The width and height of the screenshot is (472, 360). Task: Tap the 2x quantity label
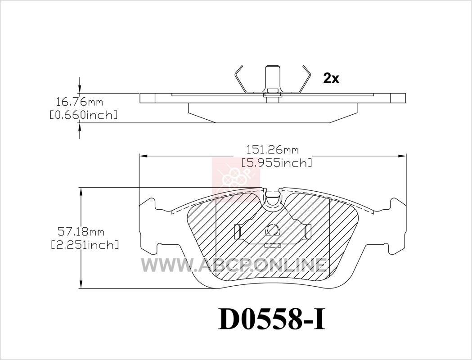pyautogui.click(x=331, y=79)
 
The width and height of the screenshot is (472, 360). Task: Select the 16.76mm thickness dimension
pyautogui.click(x=80, y=102)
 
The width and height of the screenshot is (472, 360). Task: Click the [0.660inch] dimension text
pyautogui.click(x=83, y=115)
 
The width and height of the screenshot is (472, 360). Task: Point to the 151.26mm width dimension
pyautogui.click(x=273, y=149)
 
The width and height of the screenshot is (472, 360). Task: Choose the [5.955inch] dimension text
pyautogui.click(x=277, y=163)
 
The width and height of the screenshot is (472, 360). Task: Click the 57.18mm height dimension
pyautogui.click(x=81, y=232)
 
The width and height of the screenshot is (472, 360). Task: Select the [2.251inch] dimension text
pyautogui.click(x=85, y=245)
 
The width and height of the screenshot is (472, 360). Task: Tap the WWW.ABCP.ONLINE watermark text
pyautogui.click(x=234, y=265)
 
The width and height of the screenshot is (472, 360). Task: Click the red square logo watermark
pyautogui.click(x=236, y=177)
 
